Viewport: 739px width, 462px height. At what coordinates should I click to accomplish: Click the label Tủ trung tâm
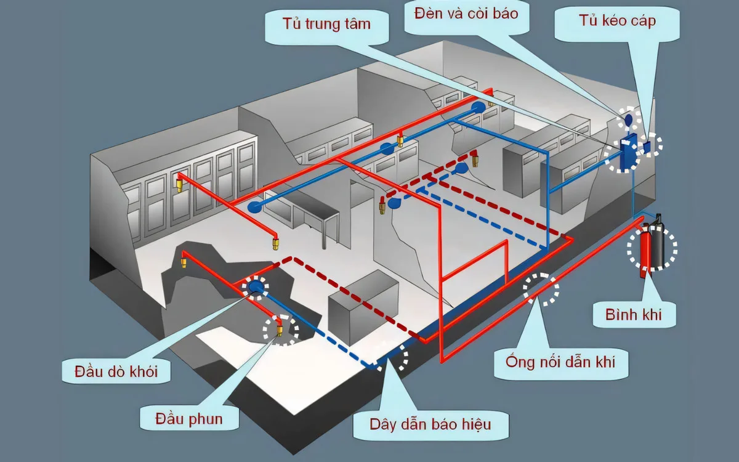(x=326, y=25)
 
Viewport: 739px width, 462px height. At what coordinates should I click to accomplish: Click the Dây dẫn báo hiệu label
(x=430, y=424)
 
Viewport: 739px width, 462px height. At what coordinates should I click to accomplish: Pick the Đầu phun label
(x=189, y=419)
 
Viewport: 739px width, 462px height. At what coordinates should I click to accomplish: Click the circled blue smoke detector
(x=256, y=287)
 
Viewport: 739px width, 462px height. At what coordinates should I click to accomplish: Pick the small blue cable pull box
(x=648, y=146)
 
